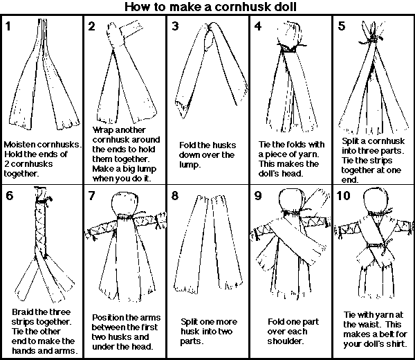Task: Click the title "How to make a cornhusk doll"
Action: [x=207, y=8]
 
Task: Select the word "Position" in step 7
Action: [x=110, y=317]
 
